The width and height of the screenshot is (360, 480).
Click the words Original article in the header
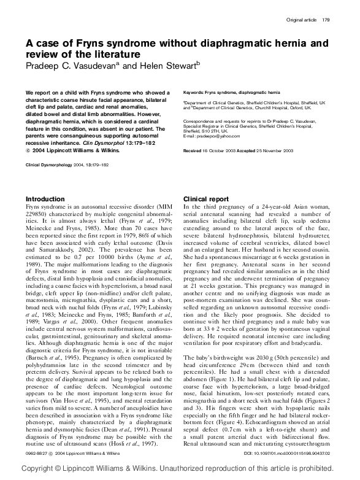pyautogui.click(x=302, y=20)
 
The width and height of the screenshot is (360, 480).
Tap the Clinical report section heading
pyautogui.click(x=206, y=199)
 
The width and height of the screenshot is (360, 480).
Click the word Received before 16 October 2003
pyautogui.click(x=193, y=150)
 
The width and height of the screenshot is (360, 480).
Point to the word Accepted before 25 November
pyautogui.click(x=250, y=150)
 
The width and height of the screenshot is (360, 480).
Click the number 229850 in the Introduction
pyautogui.click(x=37, y=214)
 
